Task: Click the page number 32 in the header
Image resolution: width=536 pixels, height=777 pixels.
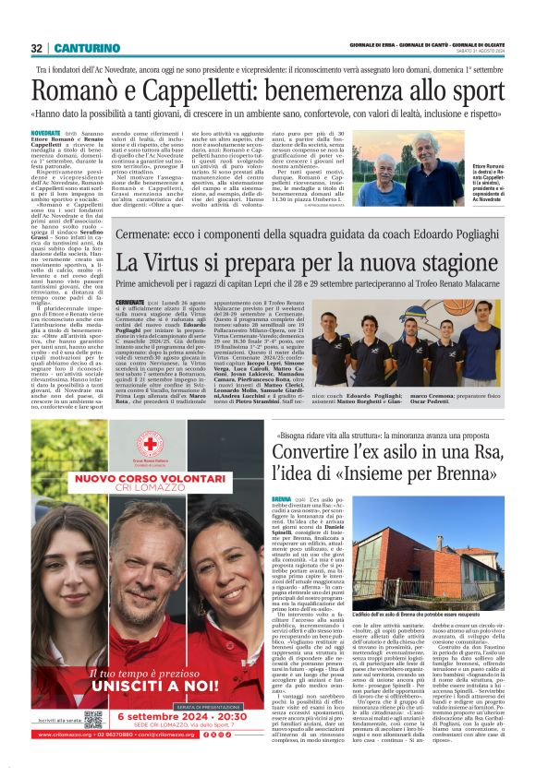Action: coord(36,48)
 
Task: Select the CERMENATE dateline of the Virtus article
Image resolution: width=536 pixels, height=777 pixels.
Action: coord(130,302)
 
